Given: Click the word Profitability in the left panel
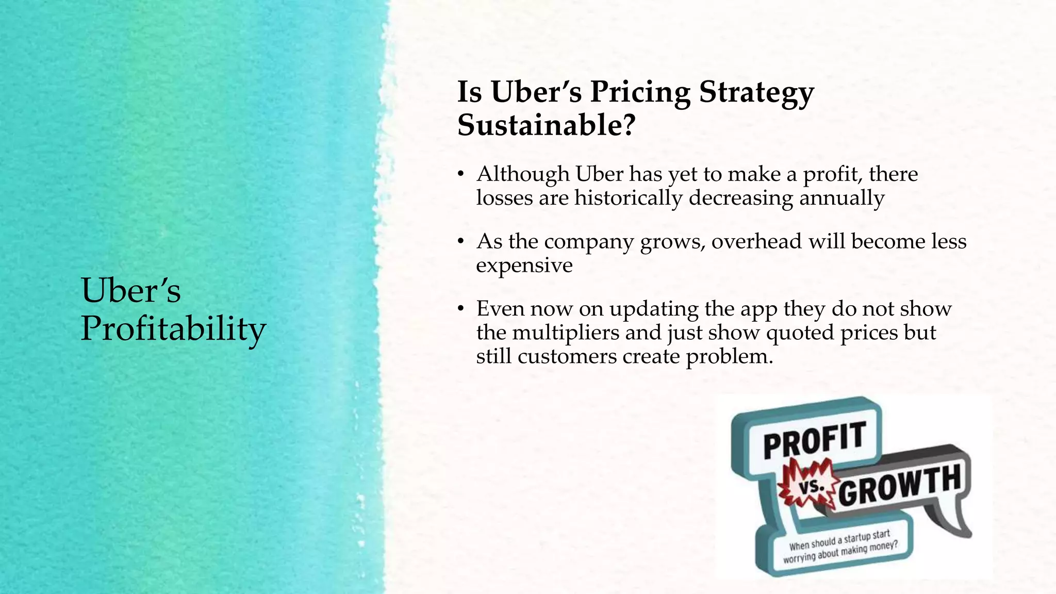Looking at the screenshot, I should tap(173, 329).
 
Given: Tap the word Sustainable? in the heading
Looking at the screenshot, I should tap(546, 125).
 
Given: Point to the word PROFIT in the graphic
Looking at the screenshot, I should tap(814, 439).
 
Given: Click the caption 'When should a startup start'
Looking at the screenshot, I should tap(839, 540).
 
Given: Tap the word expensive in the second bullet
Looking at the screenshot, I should tap(524, 266).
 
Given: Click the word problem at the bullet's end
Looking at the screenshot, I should tap(729, 357).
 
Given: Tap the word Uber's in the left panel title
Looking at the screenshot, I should tap(131, 290).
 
